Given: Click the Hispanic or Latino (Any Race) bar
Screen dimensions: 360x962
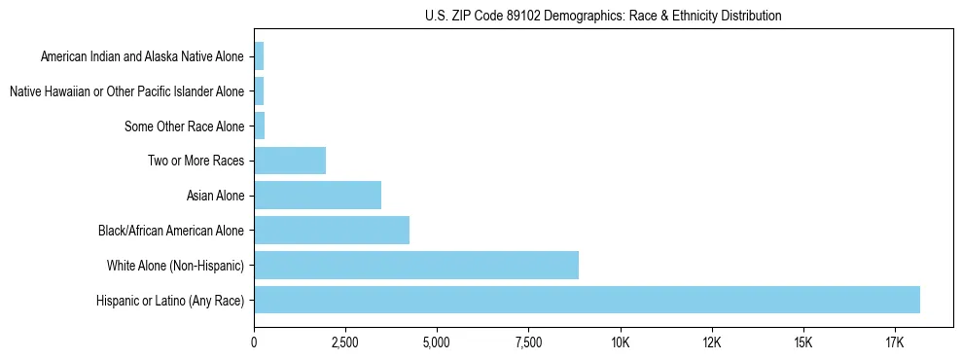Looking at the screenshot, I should pos(587,300).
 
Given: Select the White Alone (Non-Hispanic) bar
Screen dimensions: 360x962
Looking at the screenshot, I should pos(416,265).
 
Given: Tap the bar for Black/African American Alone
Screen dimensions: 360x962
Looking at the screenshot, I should pos(332,231).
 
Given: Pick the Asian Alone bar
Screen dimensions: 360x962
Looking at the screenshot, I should pos(317,196).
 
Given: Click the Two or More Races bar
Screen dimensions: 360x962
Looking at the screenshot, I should pos(290,161).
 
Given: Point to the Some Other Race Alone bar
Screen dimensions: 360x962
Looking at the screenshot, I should pos(260,126).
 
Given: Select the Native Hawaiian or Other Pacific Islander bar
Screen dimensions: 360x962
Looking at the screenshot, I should pos(259,91).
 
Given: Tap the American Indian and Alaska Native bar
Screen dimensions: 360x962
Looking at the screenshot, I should pos(259,56).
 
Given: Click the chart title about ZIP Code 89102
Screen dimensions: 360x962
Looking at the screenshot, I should pos(603,16).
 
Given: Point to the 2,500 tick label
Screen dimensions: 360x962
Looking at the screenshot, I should pos(345,342).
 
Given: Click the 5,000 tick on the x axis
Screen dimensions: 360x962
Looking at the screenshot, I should pos(437,342).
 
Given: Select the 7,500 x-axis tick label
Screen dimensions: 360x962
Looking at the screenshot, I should pos(528,342).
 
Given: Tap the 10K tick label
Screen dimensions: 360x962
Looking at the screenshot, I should pos(620,342).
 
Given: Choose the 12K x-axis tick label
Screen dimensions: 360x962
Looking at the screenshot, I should pos(711,342).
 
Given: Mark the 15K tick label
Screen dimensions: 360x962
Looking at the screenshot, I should pos(802,342).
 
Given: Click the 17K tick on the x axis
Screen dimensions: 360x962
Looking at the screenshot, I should pos(894,342).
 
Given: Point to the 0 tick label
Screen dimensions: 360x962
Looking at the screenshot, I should pos(254,342).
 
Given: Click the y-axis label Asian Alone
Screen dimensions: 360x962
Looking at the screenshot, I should pos(216,197).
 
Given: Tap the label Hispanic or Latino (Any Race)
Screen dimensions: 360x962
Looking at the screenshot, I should pos(170,301).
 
